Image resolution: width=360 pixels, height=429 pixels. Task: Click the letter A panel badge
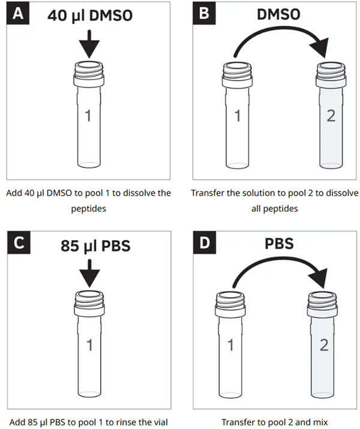[18, 13]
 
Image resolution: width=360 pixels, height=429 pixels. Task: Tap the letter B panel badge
[204, 13]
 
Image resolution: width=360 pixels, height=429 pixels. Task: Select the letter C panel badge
[19, 242]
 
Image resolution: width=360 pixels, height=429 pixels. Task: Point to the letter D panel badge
[205, 242]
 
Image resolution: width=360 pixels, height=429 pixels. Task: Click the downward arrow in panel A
[89, 44]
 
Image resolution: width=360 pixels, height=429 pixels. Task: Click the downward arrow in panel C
[89, 273]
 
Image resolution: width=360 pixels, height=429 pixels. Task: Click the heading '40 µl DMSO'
[90, 16]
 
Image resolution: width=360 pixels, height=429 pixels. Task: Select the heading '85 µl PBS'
[95, 245]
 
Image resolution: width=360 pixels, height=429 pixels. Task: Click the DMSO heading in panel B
[278, 14]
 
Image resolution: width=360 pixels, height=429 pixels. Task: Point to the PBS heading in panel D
[279, 244]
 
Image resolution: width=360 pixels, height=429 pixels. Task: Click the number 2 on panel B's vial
[331, 116]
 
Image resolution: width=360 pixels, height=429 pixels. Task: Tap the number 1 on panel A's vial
[88, 116]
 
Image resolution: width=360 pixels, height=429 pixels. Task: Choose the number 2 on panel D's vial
[324, 345]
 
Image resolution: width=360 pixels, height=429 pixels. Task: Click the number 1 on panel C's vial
[89, 345]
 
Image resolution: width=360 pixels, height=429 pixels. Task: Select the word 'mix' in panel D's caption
[322, 422]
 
